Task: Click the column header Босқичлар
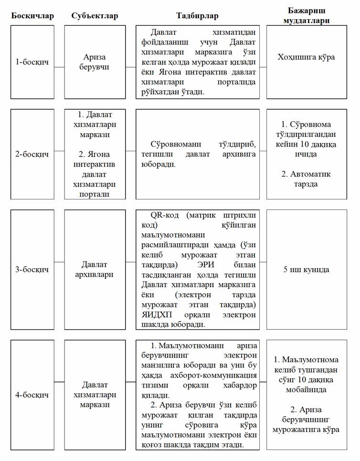tap(32, 16)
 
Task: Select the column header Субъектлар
tap(95, 16)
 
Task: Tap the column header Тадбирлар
tap(198, 16)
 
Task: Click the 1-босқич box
tap(32, 62)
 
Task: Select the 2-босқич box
tap(32, 154)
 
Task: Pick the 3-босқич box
tap(32, 270)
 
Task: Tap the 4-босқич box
tap(32, 396)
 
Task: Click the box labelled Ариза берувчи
tap(95, 62)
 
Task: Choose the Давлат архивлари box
tap(95, 270)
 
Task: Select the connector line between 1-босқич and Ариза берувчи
tap(59, 67)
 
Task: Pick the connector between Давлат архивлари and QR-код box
tap(131, 269)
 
